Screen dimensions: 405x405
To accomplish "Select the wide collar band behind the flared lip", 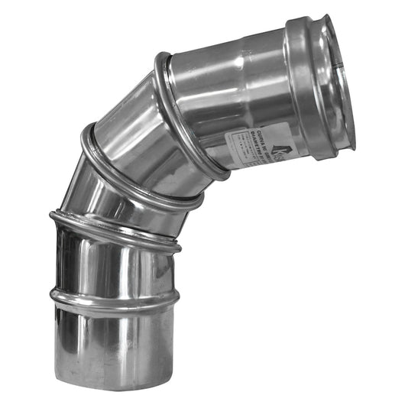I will pyautogui.click(x=306, y=84).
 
